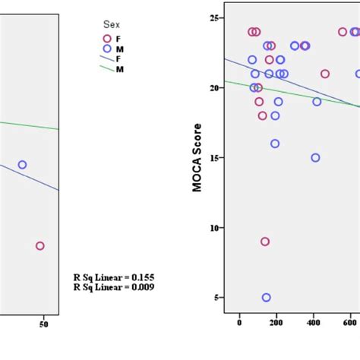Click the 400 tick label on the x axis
click(313, 322)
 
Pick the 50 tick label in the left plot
click(43, 324)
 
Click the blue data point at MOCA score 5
click(267, 298)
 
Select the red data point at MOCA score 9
click(265, 242)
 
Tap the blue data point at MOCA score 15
click(315, 158)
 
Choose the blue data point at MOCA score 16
click(275, 144)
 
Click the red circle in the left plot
click(40, 245)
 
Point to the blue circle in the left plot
click(23, 165)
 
